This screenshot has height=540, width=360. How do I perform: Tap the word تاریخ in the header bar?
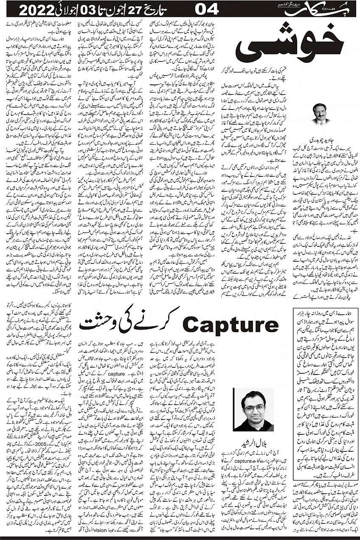(168, 8)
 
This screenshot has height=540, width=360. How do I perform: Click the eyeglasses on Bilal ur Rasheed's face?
(253, 408)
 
